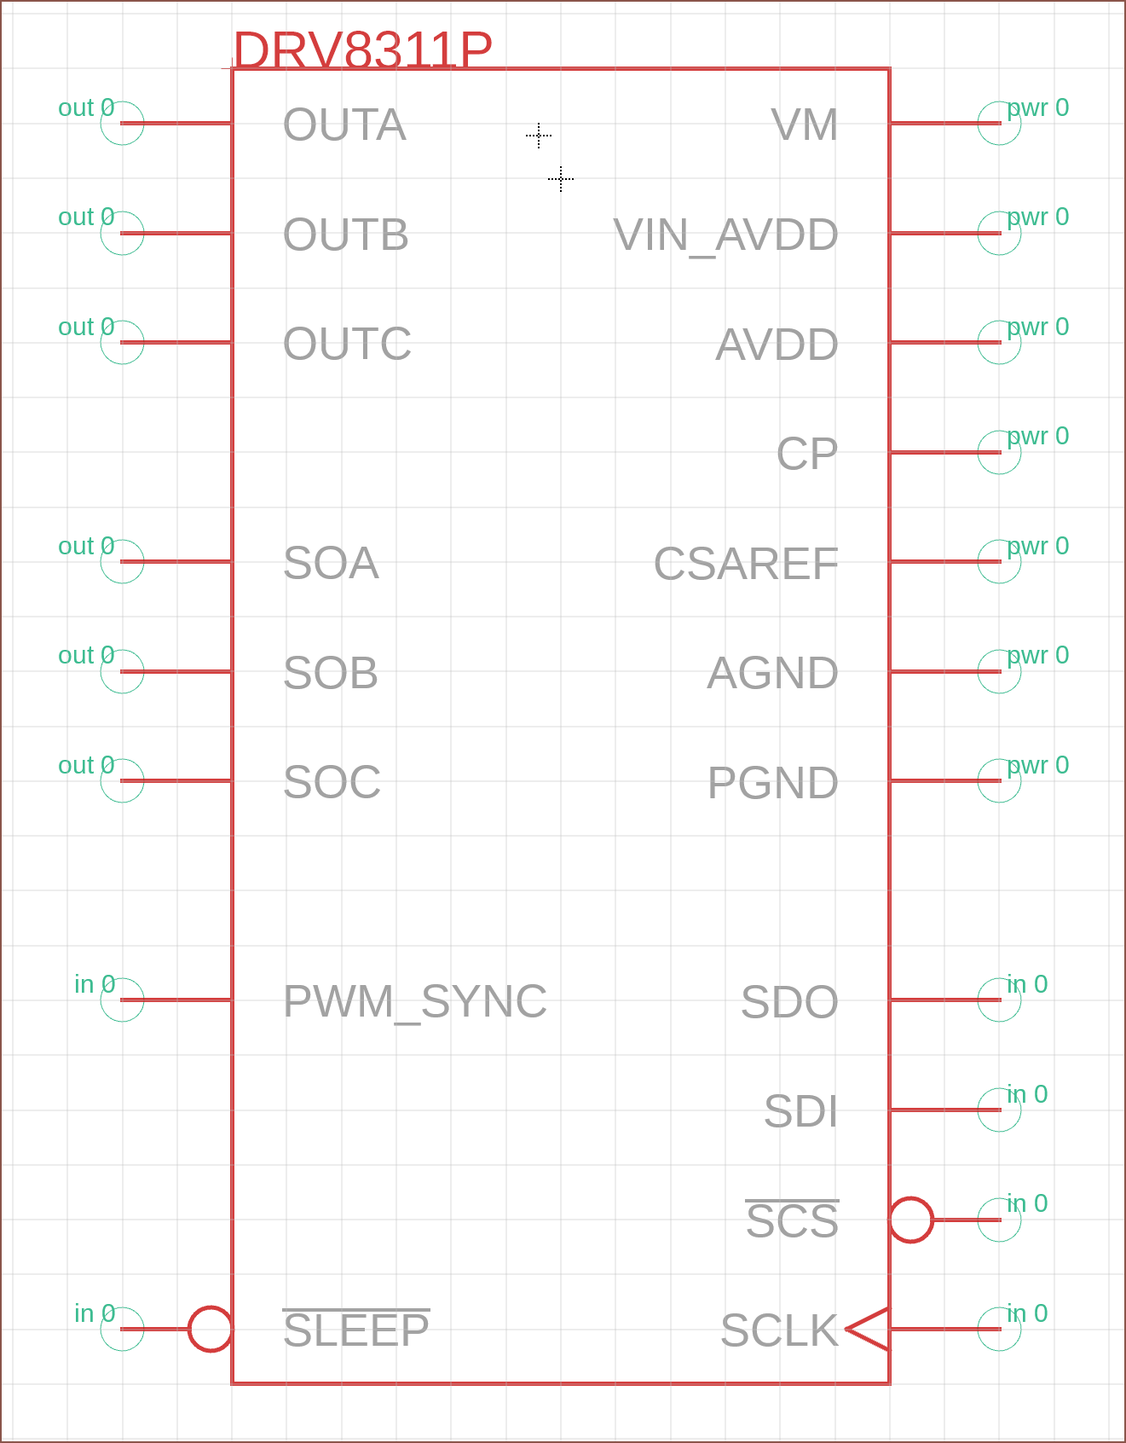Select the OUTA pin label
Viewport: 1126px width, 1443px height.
[344, 125]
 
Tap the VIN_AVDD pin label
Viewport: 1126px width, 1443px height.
[725, 235]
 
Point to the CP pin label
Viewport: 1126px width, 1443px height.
[806, 454]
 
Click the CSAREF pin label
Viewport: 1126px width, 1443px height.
[746, 564]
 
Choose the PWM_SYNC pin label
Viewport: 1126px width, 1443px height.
[414, 1001]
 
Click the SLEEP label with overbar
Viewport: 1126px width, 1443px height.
[356, 1330]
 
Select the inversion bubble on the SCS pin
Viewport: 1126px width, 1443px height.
[911, 1220]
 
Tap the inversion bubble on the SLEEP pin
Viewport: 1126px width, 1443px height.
[210, 1329]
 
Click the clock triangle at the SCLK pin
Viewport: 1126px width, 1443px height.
[869, 1329]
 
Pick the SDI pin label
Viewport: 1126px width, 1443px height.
[800, 1111]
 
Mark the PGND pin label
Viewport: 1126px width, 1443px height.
[772, 783]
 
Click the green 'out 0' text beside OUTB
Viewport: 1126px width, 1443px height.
[85, 217]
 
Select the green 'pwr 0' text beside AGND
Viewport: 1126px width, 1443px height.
[1037, 656]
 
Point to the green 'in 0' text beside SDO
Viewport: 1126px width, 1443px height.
[1027, 985]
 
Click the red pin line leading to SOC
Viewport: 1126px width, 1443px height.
[176, 781]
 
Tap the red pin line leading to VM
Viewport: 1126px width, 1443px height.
[944, 124]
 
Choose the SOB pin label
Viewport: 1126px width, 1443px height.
[331, 673]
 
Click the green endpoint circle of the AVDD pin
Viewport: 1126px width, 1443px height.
[999, 343]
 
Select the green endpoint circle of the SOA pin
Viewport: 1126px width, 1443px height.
[122, 562]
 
